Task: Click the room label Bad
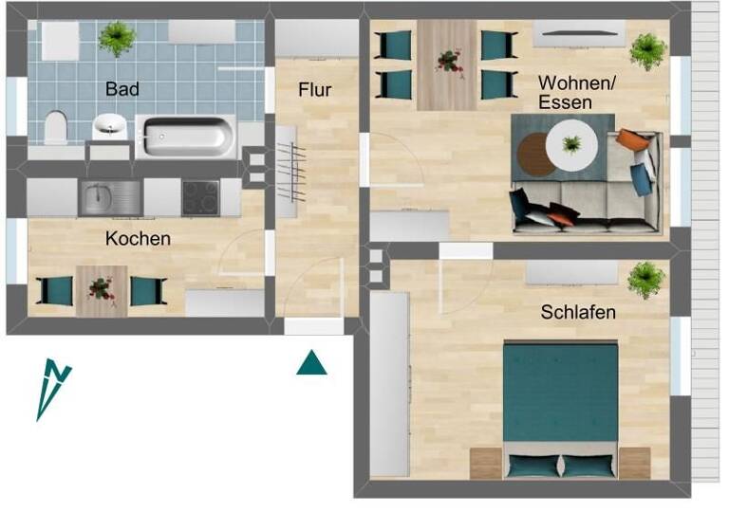122,89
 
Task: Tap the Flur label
314,90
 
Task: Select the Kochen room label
139,239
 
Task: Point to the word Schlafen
578,311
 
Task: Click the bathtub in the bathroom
185,136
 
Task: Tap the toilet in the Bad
56,127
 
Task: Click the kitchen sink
102,197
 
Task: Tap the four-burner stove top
200,197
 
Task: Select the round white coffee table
571,145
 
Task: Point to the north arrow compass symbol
53,387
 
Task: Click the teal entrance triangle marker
311,362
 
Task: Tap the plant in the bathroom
117,38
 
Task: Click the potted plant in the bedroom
645,280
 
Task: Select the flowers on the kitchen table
102,288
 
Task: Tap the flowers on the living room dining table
446,63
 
